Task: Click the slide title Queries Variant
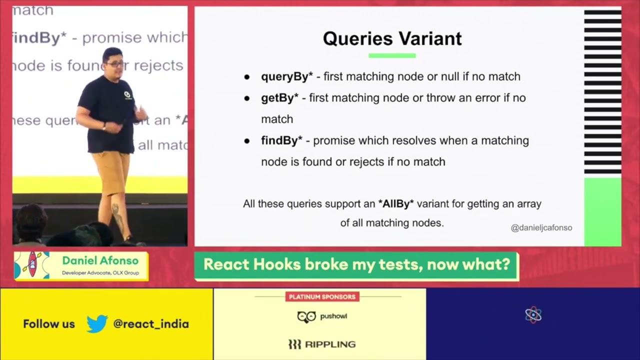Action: click(392, 38)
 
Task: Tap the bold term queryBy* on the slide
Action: click(286, 76)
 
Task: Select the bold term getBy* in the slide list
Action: click(279, 98)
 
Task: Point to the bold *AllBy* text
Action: click(396, 204)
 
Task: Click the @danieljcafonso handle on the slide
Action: click(541, 228)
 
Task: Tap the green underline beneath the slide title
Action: click(392, 55)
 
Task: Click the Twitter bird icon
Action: click(97, 323)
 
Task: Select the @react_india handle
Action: click(151, 324)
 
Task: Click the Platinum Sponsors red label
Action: click(322, 297)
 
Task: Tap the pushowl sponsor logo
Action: click(322, 316)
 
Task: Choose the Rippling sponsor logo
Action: click(322, 344)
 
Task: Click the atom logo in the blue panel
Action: click(533, 315)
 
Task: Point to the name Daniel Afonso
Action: click(100, 260)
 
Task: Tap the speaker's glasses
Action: click(114, 64)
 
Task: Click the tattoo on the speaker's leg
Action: click(118, 217)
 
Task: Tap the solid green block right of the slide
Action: click(602, 211)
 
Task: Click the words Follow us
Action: click(48, 324)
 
